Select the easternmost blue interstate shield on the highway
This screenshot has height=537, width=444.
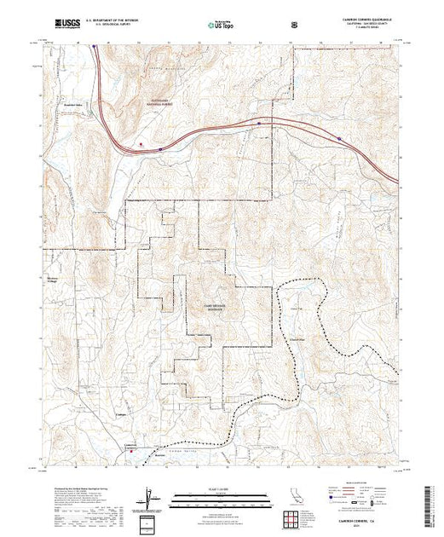click(x=339, y=137)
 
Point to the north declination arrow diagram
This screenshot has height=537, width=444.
click(x=151, y=498)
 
